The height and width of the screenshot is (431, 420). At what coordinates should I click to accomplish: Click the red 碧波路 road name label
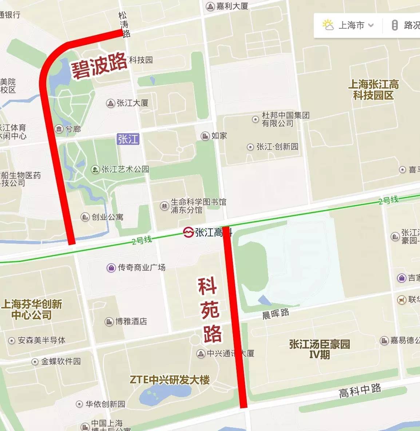[x=99, y=66]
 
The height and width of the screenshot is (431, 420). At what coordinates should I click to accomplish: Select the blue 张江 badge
[x=128, y=139]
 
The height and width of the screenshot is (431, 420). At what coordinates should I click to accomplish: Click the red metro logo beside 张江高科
[x=188, y=232]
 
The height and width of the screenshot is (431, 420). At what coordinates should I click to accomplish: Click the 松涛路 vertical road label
[x=124, y=25]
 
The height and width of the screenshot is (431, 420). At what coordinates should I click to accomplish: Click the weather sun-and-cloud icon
[x=328, y=25]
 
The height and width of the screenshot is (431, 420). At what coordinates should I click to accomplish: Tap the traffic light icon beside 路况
[x=395, y=25]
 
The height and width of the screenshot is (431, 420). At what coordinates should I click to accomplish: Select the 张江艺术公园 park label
[x=125, y=169]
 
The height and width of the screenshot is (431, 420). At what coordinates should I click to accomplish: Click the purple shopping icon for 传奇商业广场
[x=111, y=268]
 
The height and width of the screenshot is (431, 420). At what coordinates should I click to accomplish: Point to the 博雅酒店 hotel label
[x=131, y=321]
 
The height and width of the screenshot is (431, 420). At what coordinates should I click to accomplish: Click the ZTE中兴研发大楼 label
[x=170, y=380]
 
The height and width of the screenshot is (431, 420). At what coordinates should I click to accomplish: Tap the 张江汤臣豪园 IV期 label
[x=320, y=349]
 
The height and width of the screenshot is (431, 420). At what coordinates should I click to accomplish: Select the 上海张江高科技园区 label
[x=373, y=90]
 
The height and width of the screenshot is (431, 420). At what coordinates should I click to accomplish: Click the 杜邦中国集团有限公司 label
[x=285, y=119]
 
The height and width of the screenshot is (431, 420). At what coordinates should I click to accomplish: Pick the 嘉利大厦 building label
[x=232, y=6]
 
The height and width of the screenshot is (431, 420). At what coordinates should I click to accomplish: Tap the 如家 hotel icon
[x=205, y=136]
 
